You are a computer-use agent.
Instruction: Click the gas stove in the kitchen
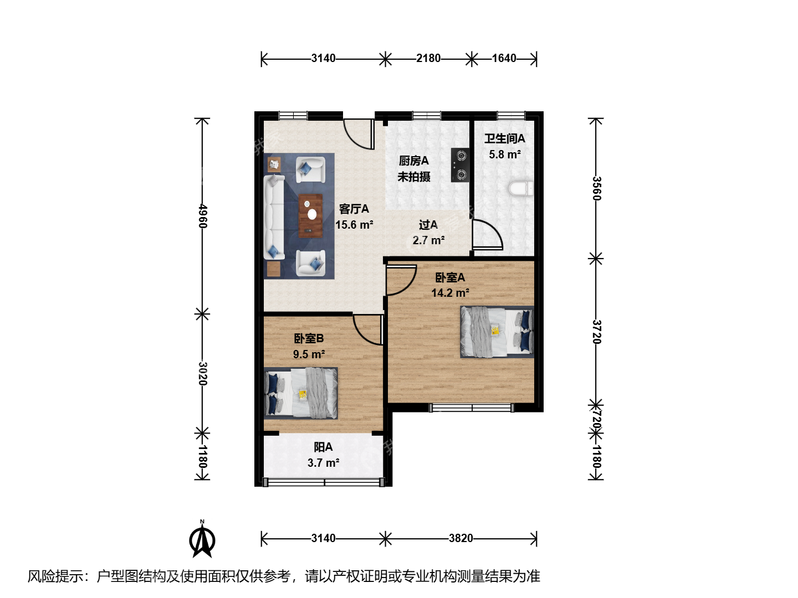(460, 165)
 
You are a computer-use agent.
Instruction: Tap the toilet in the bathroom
(521, 189)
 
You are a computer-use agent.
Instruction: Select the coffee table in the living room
(310, 216)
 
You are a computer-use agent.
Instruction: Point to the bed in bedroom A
(497, 332)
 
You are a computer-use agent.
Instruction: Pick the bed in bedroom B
(301, 393)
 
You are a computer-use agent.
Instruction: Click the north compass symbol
(202, 539)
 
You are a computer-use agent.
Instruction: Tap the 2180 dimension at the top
(428, 58)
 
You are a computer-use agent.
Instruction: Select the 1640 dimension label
(504, 58)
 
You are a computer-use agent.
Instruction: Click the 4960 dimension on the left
(203, 216)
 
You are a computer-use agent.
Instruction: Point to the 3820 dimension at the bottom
(461, 538)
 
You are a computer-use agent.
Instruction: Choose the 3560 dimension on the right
(597, 188)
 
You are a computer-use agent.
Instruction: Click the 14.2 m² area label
(450, 293)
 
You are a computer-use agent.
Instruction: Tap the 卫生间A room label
(505, 138)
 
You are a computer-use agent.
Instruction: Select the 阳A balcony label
(323, 447)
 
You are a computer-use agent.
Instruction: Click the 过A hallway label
(428, 225)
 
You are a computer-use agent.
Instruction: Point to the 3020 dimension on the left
(203, 373)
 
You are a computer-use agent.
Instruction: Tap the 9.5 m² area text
(309, 354)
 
